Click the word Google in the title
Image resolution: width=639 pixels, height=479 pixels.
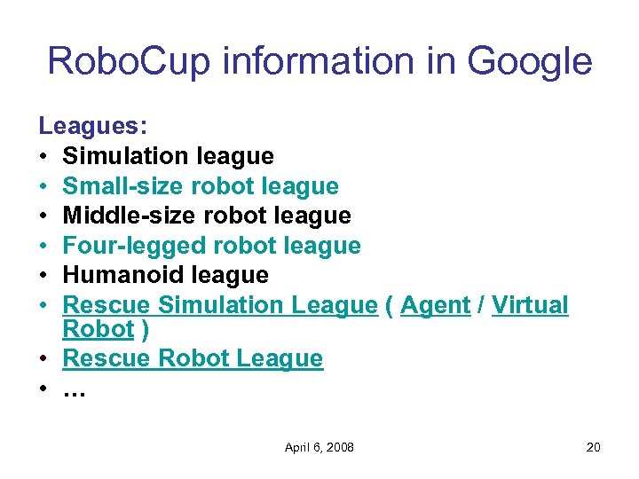click(529, 61)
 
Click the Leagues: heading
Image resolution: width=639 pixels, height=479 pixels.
click(92, 127)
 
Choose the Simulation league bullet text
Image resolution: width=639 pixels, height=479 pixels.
click(169, 156)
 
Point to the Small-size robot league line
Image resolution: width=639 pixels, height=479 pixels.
click(201, 186)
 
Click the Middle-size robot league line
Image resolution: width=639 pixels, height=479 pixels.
click(207, 216)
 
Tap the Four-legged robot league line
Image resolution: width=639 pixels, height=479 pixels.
click(212, 245)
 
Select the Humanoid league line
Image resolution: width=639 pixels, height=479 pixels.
click(166, 275)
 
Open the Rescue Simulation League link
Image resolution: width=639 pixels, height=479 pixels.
click(220, 305)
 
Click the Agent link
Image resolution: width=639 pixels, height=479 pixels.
click(435, 305)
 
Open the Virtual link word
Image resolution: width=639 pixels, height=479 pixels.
click(530, 305)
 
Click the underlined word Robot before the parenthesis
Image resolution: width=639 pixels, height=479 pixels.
click(98, 329)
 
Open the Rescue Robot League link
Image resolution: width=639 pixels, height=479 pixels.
click(193, 358)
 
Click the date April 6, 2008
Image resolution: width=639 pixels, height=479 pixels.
click(319, 447)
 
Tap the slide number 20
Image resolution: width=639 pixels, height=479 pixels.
click(593, 447)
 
